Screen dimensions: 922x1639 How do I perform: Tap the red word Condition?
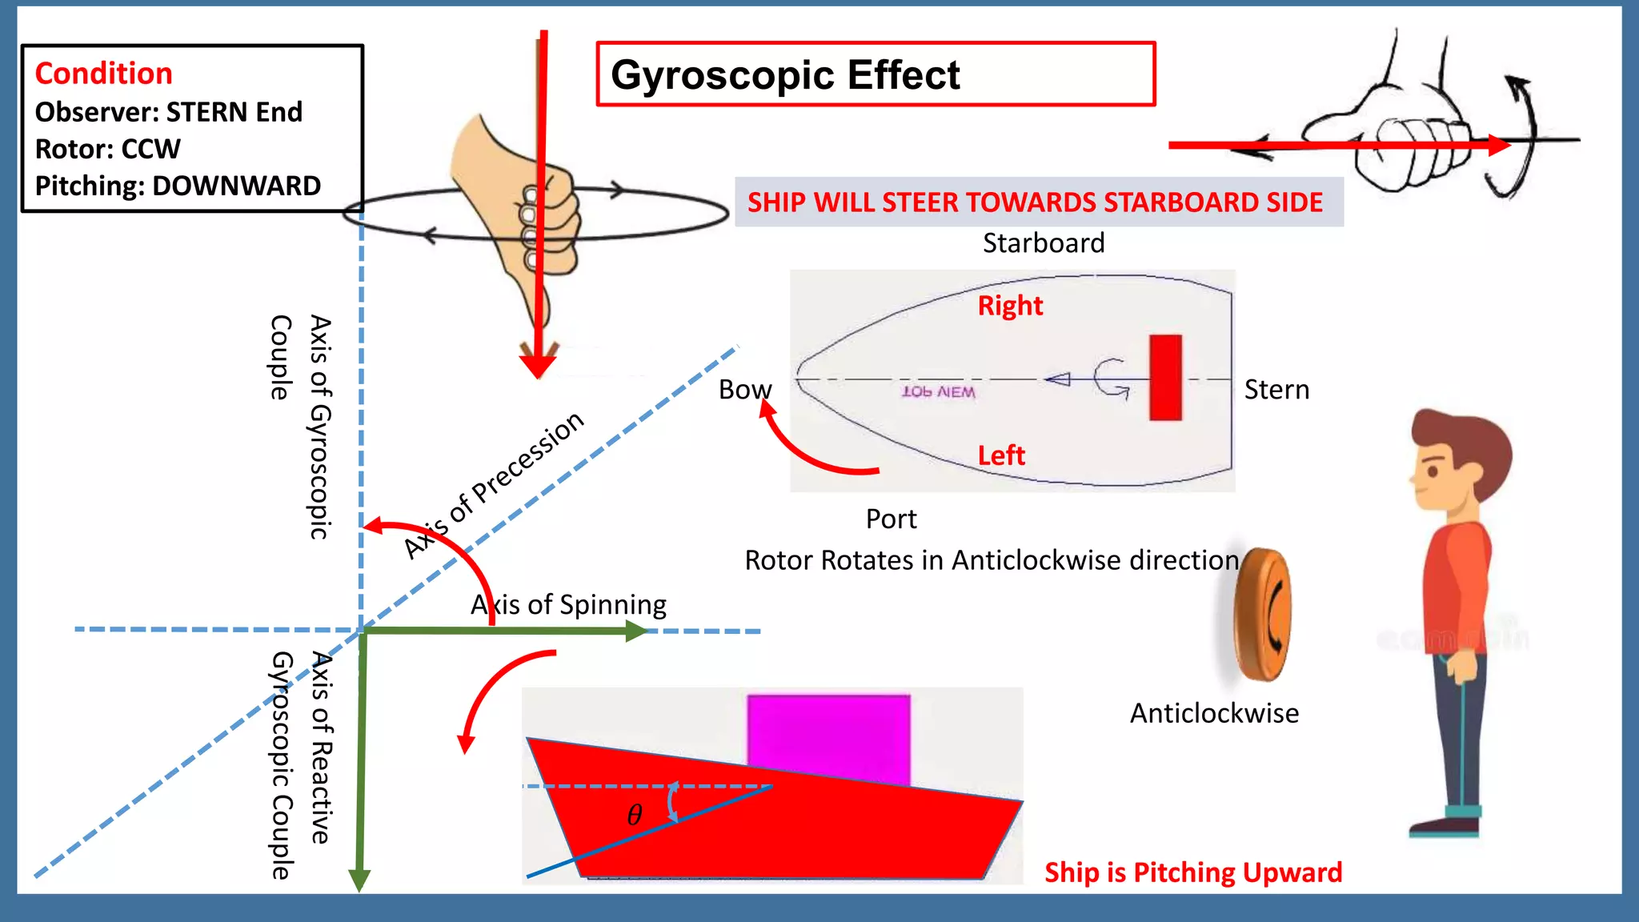[x=104, y=74]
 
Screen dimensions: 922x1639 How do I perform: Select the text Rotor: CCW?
[x=108, y=149]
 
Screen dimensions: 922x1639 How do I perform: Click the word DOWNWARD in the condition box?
[x=236, y=186]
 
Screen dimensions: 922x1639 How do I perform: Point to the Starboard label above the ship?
[x=1044, y=243]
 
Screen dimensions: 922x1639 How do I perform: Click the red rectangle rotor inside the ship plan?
[x=1165, y=377]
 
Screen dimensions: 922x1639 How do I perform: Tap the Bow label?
[x=744, y=390]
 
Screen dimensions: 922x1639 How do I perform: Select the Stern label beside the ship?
[x=1276, y=390]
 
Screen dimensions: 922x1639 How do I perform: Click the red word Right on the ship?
[x=1010, y=306]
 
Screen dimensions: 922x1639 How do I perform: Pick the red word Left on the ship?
[x=1001, y=455]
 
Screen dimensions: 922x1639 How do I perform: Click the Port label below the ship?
[x=891, y=519]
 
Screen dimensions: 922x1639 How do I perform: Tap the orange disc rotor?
[x=1260, y=615]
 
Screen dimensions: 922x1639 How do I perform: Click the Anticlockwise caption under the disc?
[x=1214, y=713]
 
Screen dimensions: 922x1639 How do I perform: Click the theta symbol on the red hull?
[x=635, y=815]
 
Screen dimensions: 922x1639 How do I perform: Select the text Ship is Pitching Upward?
[x=1192, y=872]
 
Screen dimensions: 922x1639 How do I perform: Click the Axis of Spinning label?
[x=568, y=605]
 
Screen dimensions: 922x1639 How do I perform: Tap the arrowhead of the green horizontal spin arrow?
[x=636, y=631]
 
